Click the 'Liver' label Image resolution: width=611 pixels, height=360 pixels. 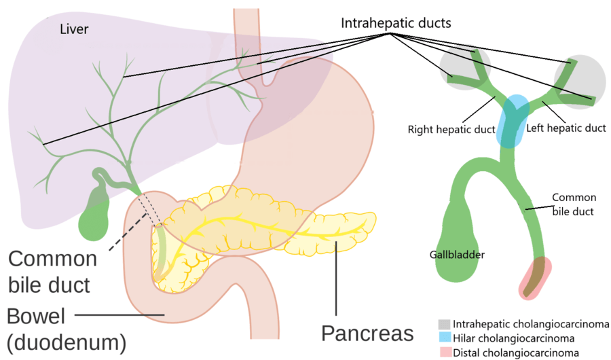[x=75, y=29]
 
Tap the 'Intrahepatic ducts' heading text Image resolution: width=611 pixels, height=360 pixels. [x=396, y=23]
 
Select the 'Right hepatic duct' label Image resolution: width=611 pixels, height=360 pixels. [x=451, y=128]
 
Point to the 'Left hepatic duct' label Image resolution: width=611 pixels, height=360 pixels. [x=566, y=128]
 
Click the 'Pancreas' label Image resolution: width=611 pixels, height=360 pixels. [x=367, y=334]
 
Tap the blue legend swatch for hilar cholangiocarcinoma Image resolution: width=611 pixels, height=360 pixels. [x=444, y=338]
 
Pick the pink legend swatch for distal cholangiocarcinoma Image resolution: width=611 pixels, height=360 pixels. [x=444, y=352]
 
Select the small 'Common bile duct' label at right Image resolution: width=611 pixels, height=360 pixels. [x=574, y=204]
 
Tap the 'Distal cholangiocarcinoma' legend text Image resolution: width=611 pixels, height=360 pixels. [x=516, y=353]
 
